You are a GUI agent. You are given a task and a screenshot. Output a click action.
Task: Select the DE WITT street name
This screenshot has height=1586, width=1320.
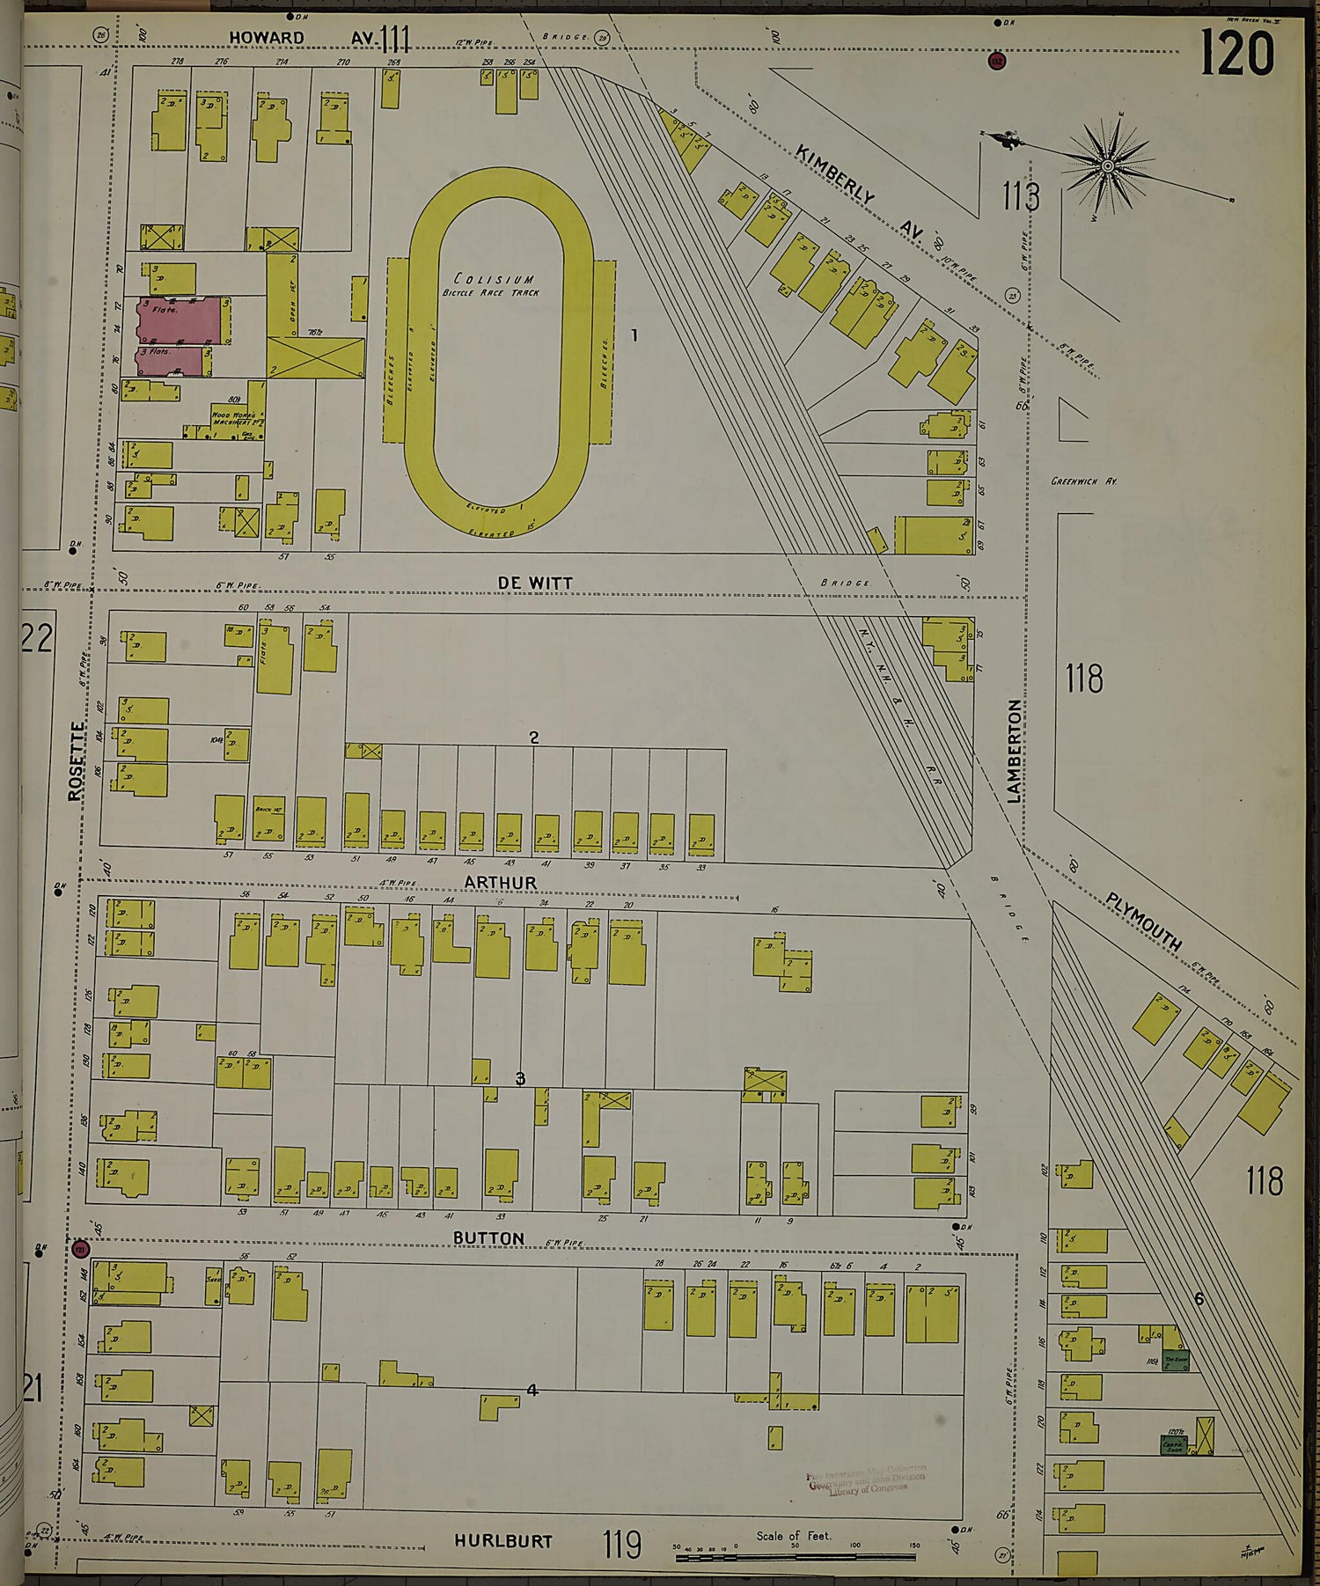point(535,583)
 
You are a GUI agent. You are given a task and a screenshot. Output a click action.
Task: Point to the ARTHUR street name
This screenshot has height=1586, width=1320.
point(500,882)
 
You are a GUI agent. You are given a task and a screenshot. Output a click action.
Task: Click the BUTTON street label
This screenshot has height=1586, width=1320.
point(488,1237)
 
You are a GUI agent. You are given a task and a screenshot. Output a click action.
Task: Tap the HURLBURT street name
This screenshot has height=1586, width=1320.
point(503,1540)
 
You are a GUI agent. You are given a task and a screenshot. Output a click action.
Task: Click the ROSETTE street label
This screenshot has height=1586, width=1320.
point(77,761)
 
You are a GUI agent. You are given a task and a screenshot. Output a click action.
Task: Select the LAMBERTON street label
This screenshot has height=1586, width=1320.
point(1015,751)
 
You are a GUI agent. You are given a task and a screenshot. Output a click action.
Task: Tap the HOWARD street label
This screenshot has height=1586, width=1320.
point(267,37)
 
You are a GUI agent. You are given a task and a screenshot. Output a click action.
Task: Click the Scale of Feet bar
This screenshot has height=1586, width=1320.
point(796,1558)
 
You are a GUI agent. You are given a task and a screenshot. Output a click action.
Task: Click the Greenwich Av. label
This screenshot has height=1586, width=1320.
point(1083,481)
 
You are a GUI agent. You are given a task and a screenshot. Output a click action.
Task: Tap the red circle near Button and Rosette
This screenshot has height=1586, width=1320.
point(80,1249)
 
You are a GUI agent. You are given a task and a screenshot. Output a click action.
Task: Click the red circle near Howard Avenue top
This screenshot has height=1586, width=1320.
point(996,61)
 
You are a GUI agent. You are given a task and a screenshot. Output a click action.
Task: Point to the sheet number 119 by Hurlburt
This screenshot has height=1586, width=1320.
point(622,1543)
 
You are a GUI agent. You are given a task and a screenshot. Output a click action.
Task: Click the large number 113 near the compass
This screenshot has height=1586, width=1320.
point(1021,197)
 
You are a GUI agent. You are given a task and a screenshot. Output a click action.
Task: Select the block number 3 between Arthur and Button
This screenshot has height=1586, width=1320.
point(520,1078)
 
